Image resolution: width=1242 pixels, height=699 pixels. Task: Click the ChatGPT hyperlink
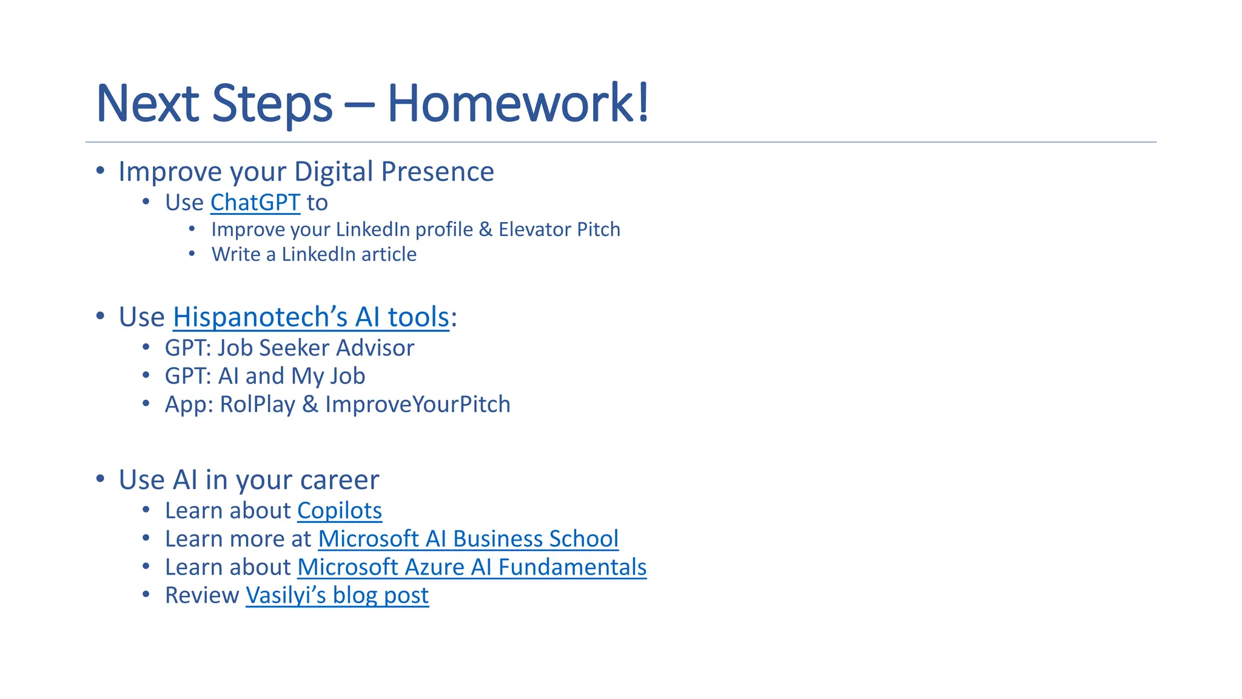(x=255, y=203)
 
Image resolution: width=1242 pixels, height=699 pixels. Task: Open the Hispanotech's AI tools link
(x=310, y=317)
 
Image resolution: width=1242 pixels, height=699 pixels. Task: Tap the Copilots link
(x=339, y=511)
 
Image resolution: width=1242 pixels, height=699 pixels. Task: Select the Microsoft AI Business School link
(x=468, y=539)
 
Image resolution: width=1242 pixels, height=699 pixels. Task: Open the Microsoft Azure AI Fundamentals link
(x=472, y=567)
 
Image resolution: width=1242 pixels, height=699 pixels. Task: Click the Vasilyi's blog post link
(x=337, y=595)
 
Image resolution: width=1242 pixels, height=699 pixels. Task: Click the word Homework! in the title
(x=518, y=103)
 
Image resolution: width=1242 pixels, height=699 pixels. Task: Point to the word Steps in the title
(x=272, y=103)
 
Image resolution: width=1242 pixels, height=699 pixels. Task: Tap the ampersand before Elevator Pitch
(x=485, y=230)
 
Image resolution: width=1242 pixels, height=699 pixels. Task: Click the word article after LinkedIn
(x=389, y=254)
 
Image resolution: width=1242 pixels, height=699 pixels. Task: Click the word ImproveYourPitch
(x=418, y=405)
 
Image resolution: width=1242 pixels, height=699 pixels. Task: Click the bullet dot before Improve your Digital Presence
(x=101, y=171)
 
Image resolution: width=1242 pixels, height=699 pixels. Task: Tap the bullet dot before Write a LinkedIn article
(x=192, y=254)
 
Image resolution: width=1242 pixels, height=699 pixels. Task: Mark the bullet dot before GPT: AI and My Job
(x=146, y=376)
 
